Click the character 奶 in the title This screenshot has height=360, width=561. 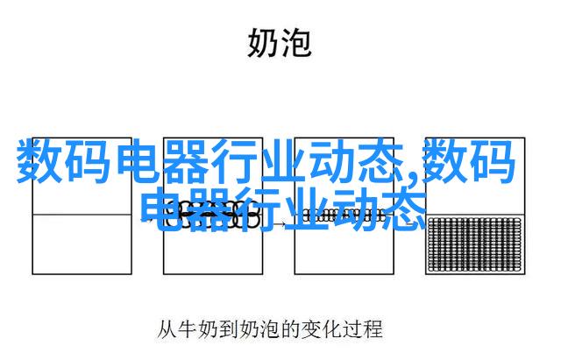coord(262,43)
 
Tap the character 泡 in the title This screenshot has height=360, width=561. coord(296,43)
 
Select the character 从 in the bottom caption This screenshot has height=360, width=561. coord(167,329)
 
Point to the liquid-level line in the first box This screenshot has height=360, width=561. coord(82,215)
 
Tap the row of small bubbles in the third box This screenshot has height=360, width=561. coord(344,215)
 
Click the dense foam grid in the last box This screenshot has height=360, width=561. coord(475,244)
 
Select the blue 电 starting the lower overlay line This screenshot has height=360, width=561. coord(164,210)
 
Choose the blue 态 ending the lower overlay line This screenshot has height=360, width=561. coord(404,210)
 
